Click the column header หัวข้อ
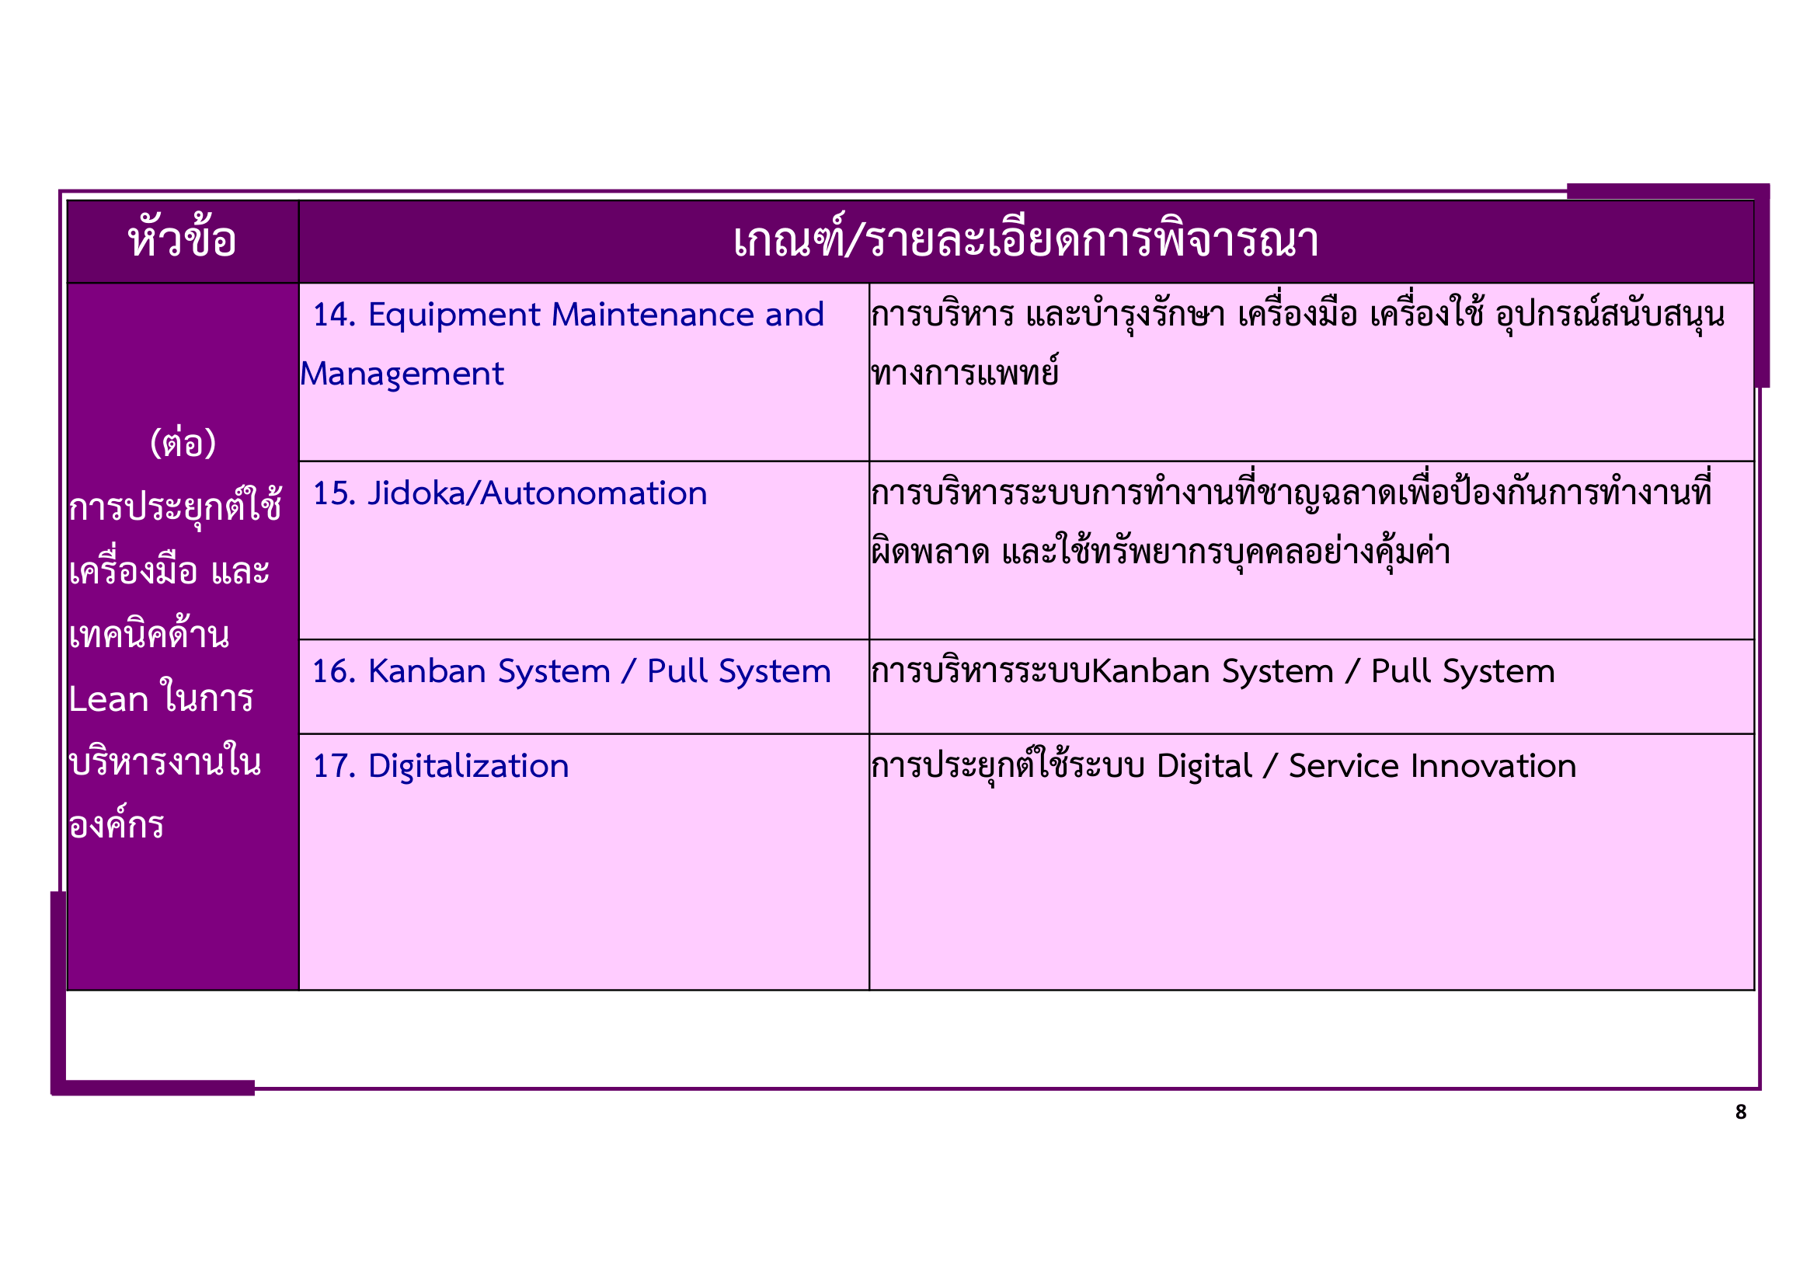(182, 240)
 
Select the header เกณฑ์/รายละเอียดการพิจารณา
(1025, 240)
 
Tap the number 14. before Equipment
(334, 315)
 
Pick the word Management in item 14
(402, 374)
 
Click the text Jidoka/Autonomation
(538, 494)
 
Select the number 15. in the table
(334, 494)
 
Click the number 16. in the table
(334, 672)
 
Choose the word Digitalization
(468, 767)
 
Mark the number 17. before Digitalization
(334, 767)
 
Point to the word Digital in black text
(1203, 767)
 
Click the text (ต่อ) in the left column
(183, 443)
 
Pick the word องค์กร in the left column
(117, 825)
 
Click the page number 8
(1740, 1112)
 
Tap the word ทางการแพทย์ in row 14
(964, 374)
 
